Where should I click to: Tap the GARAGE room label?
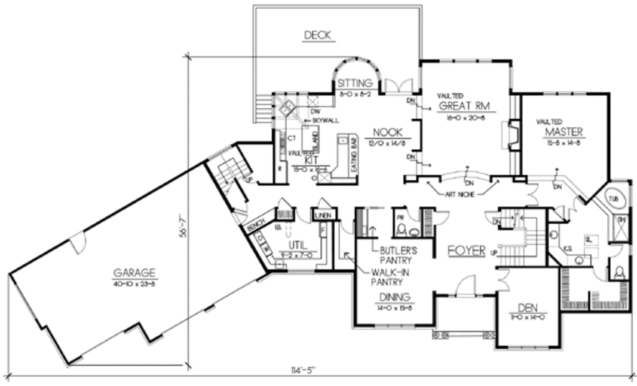pos(134,273)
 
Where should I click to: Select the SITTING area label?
pos(355,83)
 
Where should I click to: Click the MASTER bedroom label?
pos(564,132)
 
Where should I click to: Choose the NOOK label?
pos(388,132)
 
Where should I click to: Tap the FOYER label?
pos(467,250)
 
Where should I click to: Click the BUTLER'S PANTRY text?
pos(398,255)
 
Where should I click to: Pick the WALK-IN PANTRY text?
pos(394,277)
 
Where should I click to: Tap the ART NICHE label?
pos(462,195)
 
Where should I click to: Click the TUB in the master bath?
pos(614,199)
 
